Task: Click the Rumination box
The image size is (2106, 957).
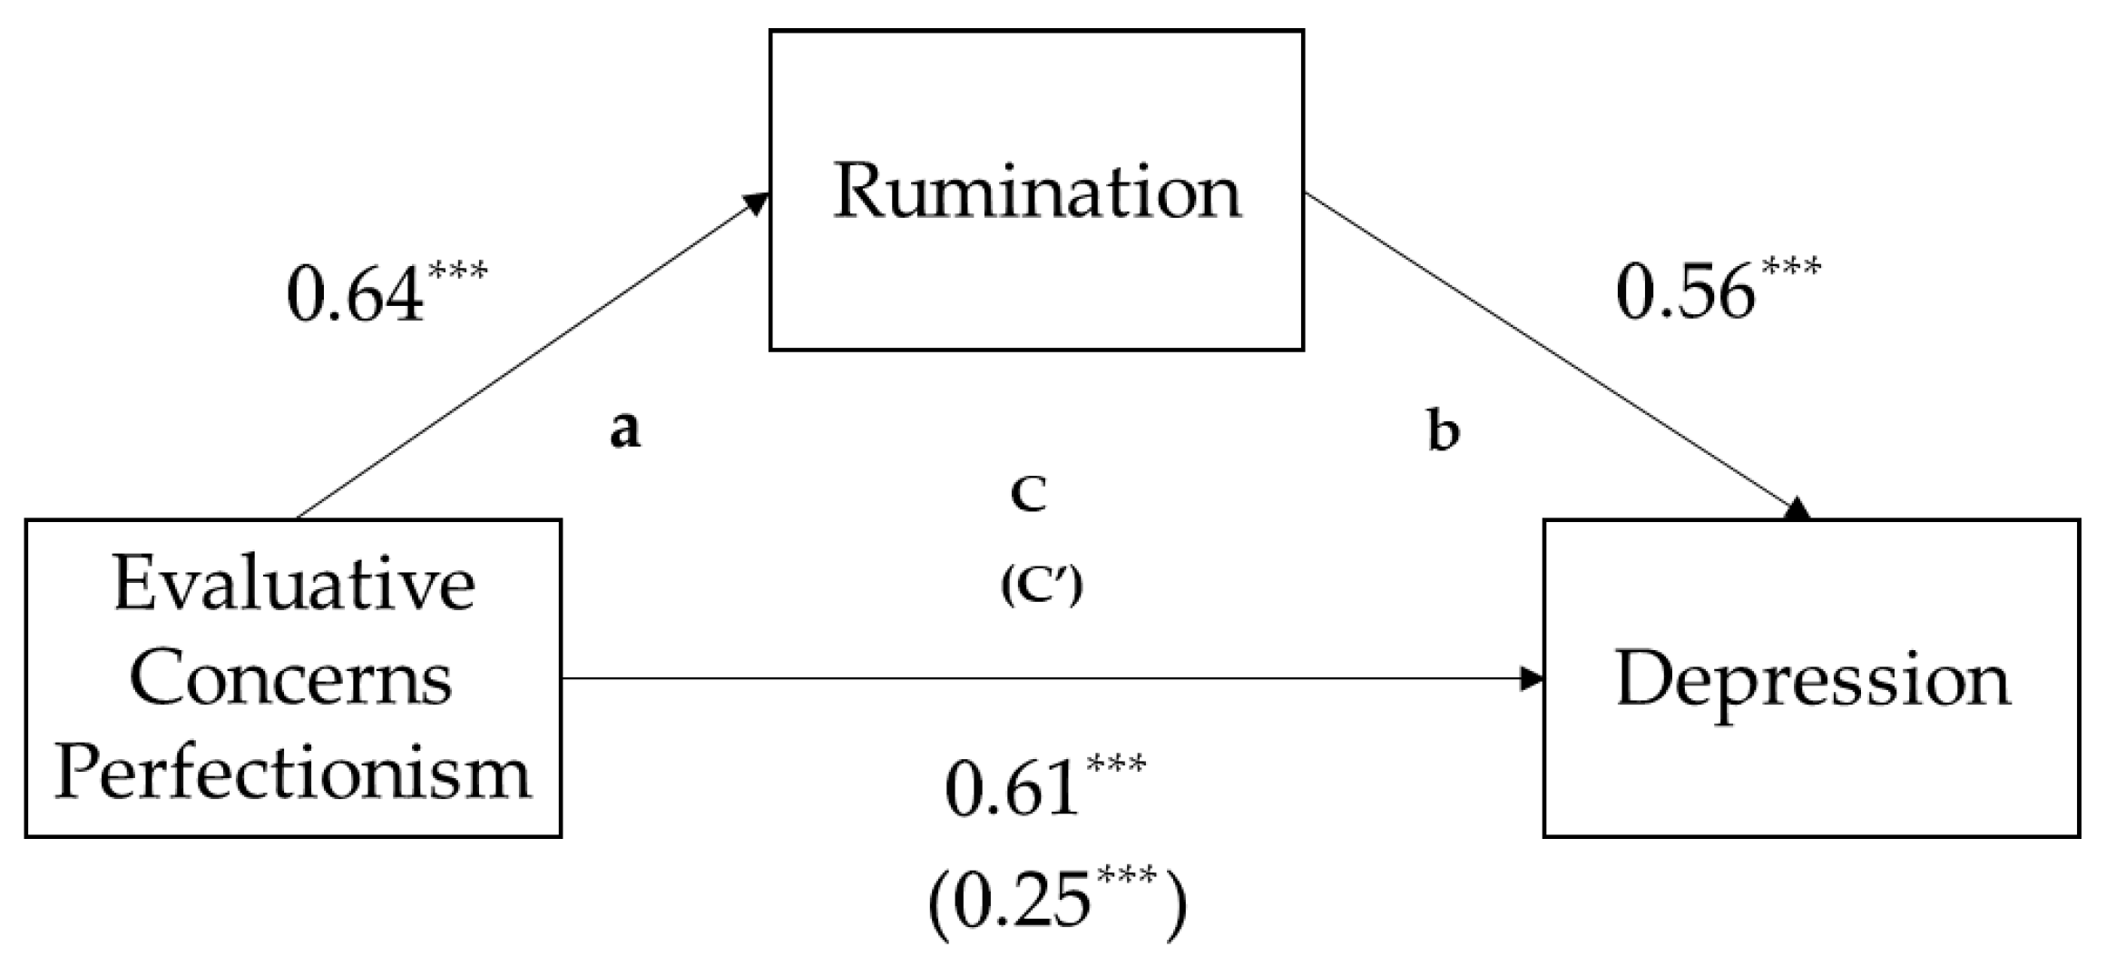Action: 1036,191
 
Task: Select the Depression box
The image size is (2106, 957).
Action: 1812,678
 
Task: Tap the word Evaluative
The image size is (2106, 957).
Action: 293,584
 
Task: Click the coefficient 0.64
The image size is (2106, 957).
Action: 355,296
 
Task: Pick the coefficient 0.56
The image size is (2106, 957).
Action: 1684,294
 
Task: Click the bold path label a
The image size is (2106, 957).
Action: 624,429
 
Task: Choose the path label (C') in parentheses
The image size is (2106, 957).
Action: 1042,587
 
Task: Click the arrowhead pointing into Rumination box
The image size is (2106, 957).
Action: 756,203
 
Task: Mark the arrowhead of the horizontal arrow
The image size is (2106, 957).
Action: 1532,678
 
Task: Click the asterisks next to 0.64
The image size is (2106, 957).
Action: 457,271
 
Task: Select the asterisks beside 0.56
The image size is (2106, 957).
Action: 1790,269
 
